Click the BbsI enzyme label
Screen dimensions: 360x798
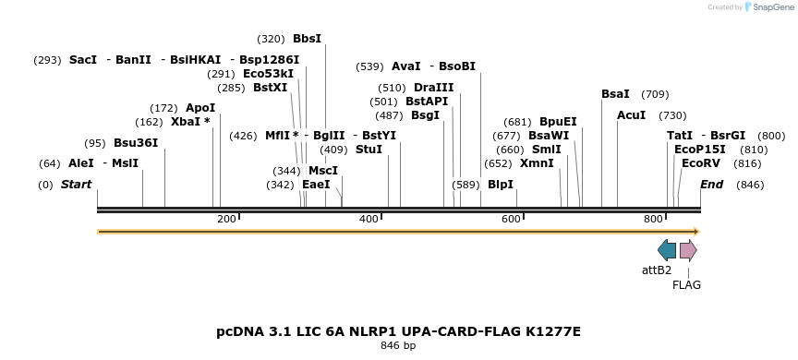click(x=307, y=39)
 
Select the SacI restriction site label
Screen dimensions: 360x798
click(x=83, y=60)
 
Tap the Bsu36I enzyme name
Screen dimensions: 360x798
click(x=136, y=143)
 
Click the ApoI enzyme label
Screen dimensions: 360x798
click(x=200, y=108)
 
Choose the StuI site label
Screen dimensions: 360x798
click(x=369, y=150)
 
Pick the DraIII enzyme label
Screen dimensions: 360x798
click(x=434, y=88)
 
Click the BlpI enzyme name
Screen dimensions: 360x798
click(x=501, y=185)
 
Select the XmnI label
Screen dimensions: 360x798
click(x=537, y=163)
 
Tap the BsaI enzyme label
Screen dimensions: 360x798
click(x=615, y=94)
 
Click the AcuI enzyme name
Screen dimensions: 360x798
click(x=632, y=115)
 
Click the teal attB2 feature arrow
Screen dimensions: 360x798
click(x=667, y=250)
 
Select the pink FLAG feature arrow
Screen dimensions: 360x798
click(x=688, y=250)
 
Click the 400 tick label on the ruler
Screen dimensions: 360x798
click(x=369, y=219)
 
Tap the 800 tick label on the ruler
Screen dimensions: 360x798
click(x=653, y=219)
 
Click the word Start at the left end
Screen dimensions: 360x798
click(x=76, y=185)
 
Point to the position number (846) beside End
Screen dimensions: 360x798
click(x=750, y=185)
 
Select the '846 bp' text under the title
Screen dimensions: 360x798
click(x=398, y=346)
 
